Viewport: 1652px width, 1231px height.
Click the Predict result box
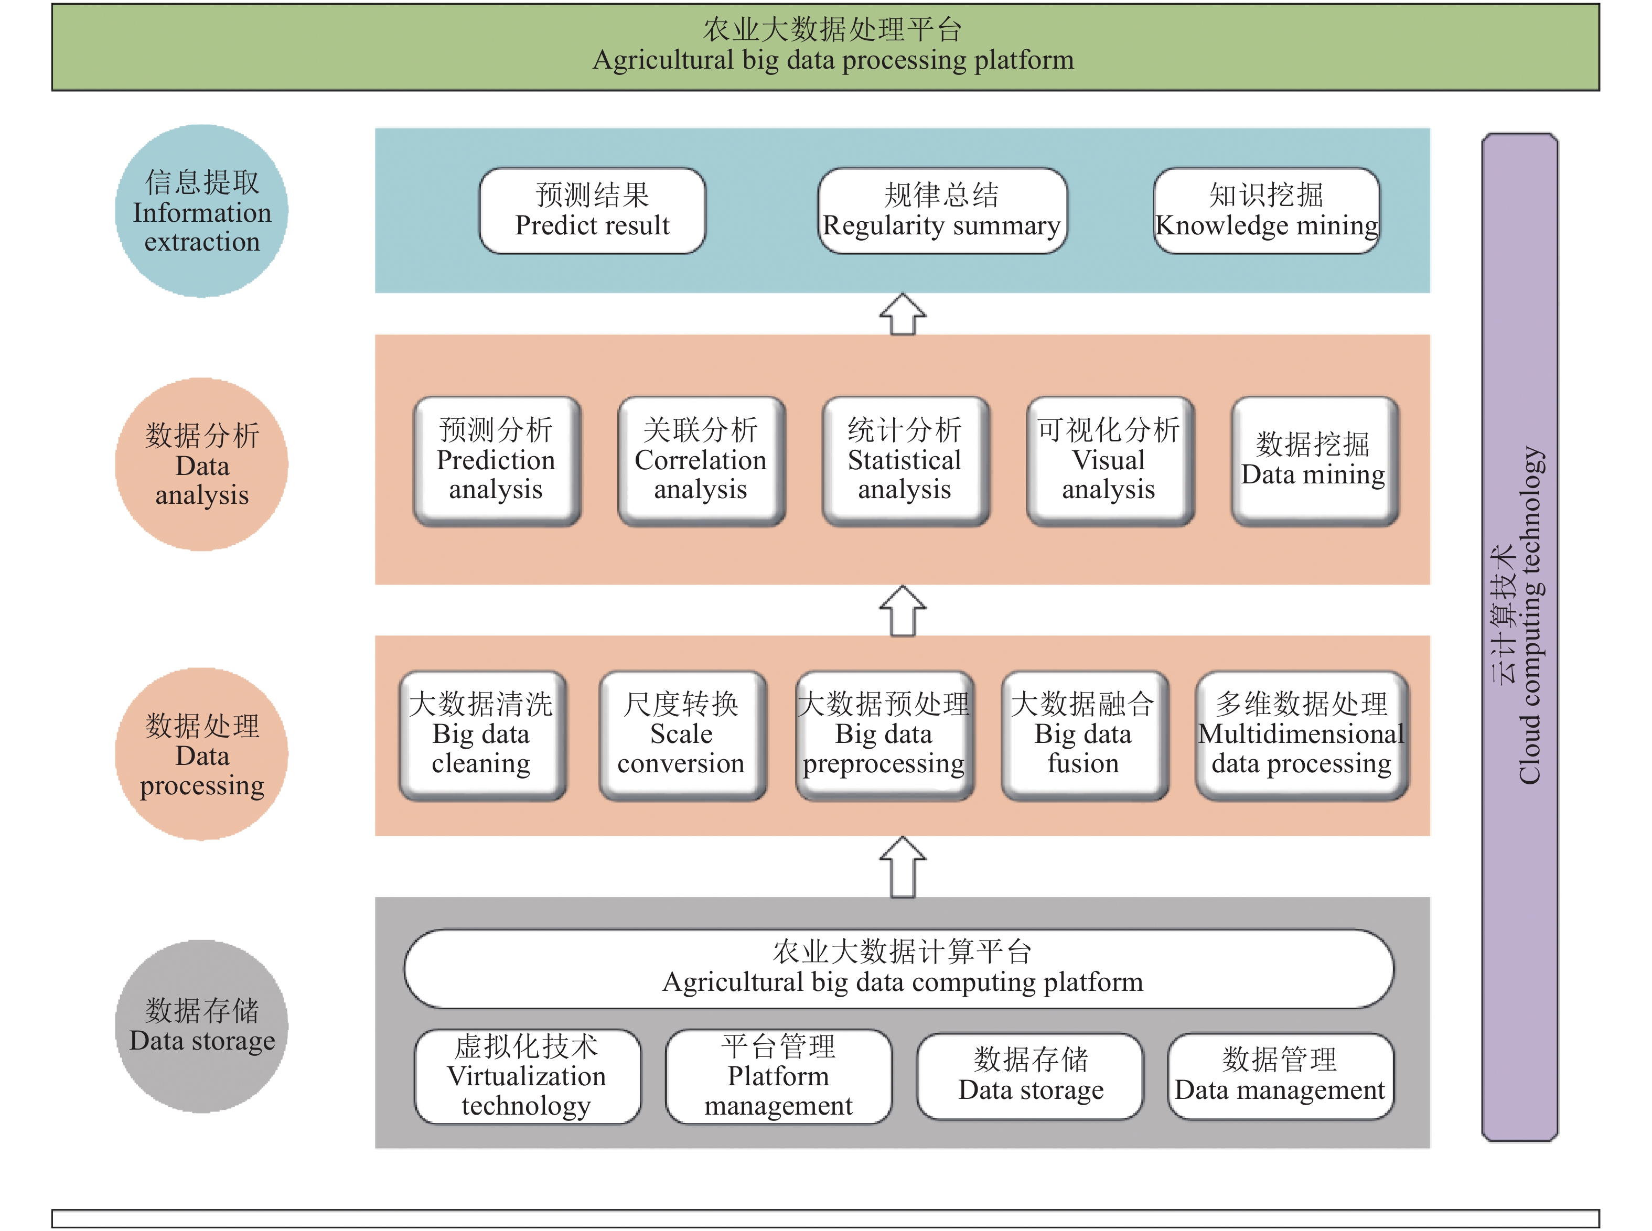[592, 211]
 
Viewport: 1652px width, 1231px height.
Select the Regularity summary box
[941, 211]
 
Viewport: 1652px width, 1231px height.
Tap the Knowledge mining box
[1266, 211]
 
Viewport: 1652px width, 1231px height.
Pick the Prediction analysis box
[497, 460]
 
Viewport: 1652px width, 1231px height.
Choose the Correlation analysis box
[701, 460]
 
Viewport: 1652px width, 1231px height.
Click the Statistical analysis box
[905, 460]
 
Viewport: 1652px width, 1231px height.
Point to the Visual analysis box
[1109, 460]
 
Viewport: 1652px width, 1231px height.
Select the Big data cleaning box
[481, 735]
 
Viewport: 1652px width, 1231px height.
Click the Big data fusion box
[1084, 735]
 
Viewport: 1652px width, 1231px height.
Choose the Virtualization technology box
[527, 1076]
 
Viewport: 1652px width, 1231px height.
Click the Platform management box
[778, 1076]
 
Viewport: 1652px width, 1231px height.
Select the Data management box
[1280, 1076]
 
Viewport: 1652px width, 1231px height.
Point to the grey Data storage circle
[202, 1026]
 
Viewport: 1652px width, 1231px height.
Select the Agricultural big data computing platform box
[899, 968]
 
